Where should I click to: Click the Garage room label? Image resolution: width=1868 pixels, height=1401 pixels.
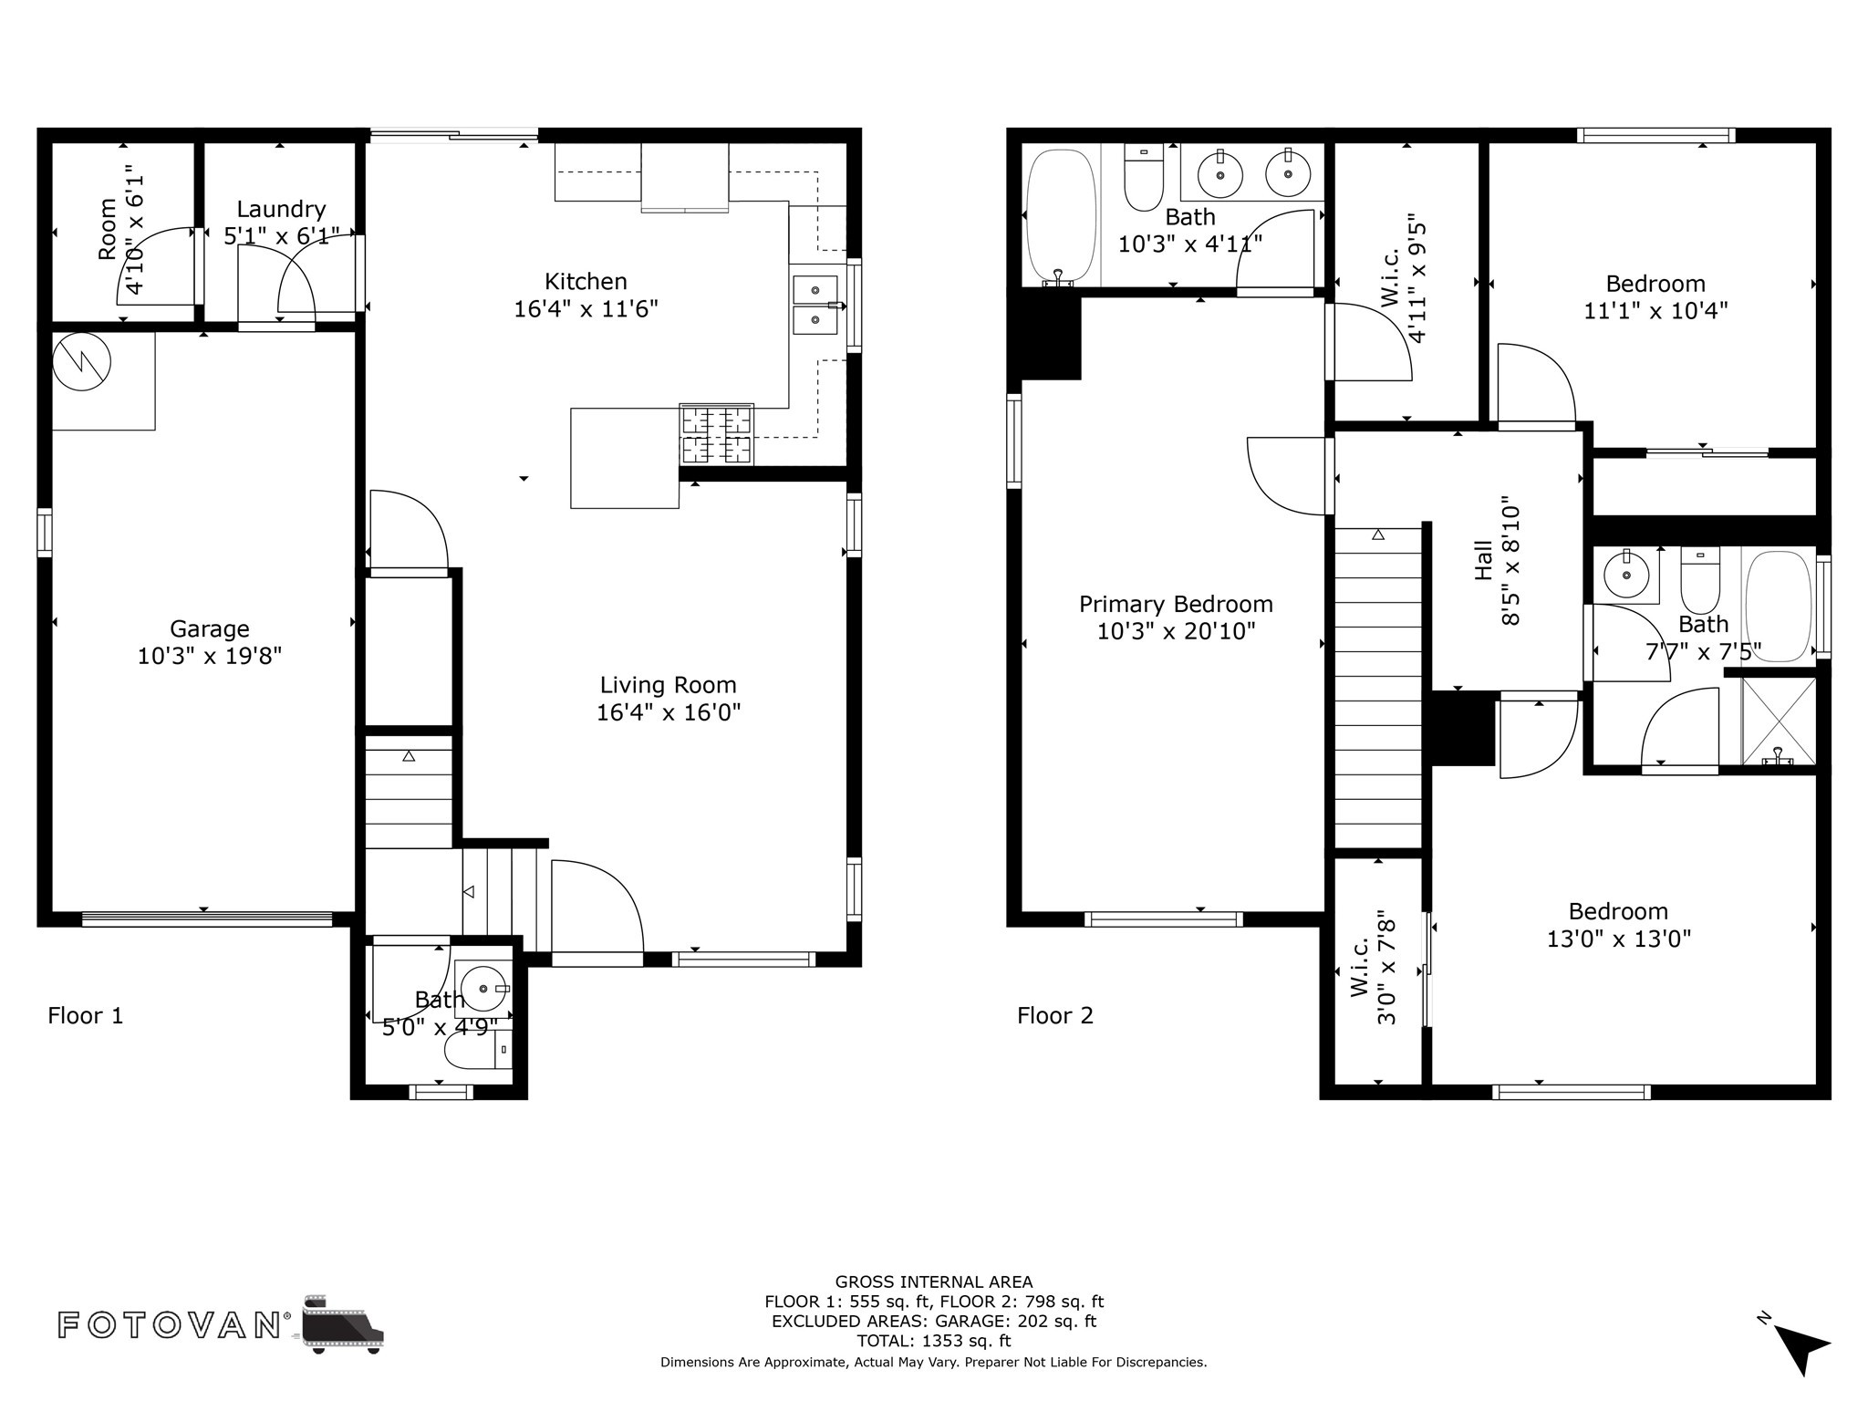(x=209, y=628)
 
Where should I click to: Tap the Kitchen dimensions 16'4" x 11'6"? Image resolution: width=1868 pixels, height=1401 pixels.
(x=586, y=309)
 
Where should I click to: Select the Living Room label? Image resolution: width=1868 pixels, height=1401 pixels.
(x=668, y=685)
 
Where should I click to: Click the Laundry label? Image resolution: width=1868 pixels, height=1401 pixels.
(x=281, y=210)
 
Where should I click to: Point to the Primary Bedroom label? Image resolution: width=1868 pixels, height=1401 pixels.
(x=1176, y=604)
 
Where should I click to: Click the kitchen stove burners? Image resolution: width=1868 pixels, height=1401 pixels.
(x=717, y=434)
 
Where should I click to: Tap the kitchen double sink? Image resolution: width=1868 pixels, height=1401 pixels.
(x=815, y=306)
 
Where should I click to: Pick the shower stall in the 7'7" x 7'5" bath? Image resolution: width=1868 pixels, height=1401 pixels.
(x=1779, y=721)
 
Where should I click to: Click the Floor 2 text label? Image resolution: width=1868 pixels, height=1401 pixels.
(x=1055, y=1015)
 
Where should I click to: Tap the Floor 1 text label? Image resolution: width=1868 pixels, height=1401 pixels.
(x=86, y=1015)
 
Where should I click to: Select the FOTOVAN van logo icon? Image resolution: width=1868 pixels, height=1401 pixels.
(x=343, y=1324)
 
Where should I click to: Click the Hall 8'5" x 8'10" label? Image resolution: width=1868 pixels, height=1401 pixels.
(x=1498, y=560)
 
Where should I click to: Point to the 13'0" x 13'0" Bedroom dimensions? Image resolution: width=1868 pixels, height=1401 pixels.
(x=1619, y=939)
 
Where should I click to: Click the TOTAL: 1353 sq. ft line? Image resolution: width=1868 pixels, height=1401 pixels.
(x=934, y=1341)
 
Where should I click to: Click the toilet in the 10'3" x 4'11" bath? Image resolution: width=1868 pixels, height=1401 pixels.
(x=1144, y=178)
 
